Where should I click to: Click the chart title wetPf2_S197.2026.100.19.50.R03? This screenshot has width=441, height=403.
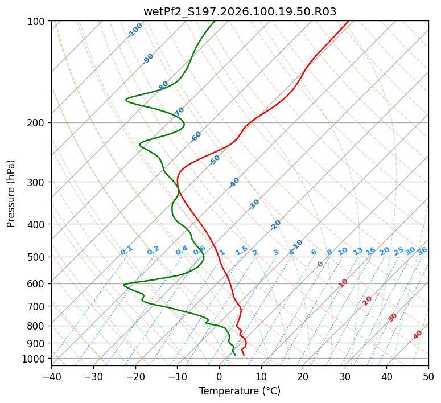click(x=240, y=11)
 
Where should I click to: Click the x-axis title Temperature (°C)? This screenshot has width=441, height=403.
click(x=240, y=391)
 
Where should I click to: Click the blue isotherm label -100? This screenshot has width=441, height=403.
click(x=135, y=30)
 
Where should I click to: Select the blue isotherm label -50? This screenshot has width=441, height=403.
click(x=215, y=160)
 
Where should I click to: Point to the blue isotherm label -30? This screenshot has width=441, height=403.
click(x=254, y=204)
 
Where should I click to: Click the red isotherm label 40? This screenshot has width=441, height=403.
click(x=418, y=335)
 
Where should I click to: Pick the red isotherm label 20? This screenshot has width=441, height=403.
click(x=368, y=300)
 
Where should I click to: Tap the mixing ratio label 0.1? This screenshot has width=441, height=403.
click(x=127, y=250)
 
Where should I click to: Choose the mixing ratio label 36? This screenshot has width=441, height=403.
click(x=422, y=250)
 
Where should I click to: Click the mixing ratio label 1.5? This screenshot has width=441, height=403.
click(x=242, y=250)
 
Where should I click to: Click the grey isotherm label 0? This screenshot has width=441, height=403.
click(x=320, y=264)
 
